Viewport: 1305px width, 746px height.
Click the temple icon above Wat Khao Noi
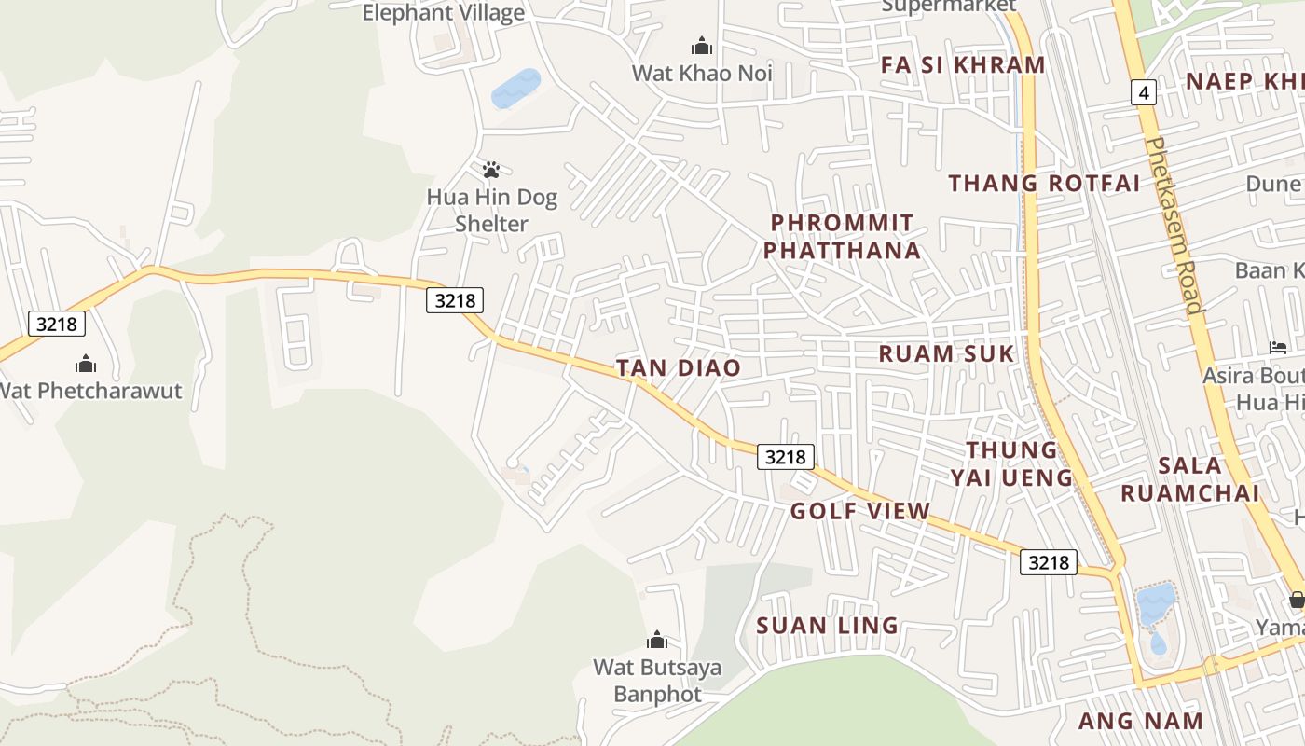tap(701, 45)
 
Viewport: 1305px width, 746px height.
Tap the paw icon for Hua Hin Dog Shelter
tap(491, 170)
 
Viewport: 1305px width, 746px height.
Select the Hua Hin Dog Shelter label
tap(491, 211)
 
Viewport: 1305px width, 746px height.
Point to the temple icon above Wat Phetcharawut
tap(86, 363)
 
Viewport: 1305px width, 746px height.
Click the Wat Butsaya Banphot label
tap(658, 682)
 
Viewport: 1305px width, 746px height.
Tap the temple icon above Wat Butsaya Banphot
tap(657, 640)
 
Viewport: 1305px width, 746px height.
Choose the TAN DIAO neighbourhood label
tap(679, 367)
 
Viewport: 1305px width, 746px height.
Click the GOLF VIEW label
tap(859, 511)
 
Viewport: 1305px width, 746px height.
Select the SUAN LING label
tap(828, 625)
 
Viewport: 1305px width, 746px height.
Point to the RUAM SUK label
tap(946, 353)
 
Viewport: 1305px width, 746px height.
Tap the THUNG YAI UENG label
tap(1011, 464)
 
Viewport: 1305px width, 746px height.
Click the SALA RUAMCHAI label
tap(1189, 479)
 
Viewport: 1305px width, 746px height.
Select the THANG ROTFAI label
tap(1044, 183)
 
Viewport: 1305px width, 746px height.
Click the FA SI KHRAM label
tap(963, 64)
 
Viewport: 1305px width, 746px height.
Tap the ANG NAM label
tap(1141, 721)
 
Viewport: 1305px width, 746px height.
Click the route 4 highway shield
tap(1144, 92)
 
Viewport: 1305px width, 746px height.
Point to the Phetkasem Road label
tap(1174, 225)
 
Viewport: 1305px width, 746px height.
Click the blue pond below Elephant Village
tap(515, 89)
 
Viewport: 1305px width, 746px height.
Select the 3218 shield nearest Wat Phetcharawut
tap(57, 324)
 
